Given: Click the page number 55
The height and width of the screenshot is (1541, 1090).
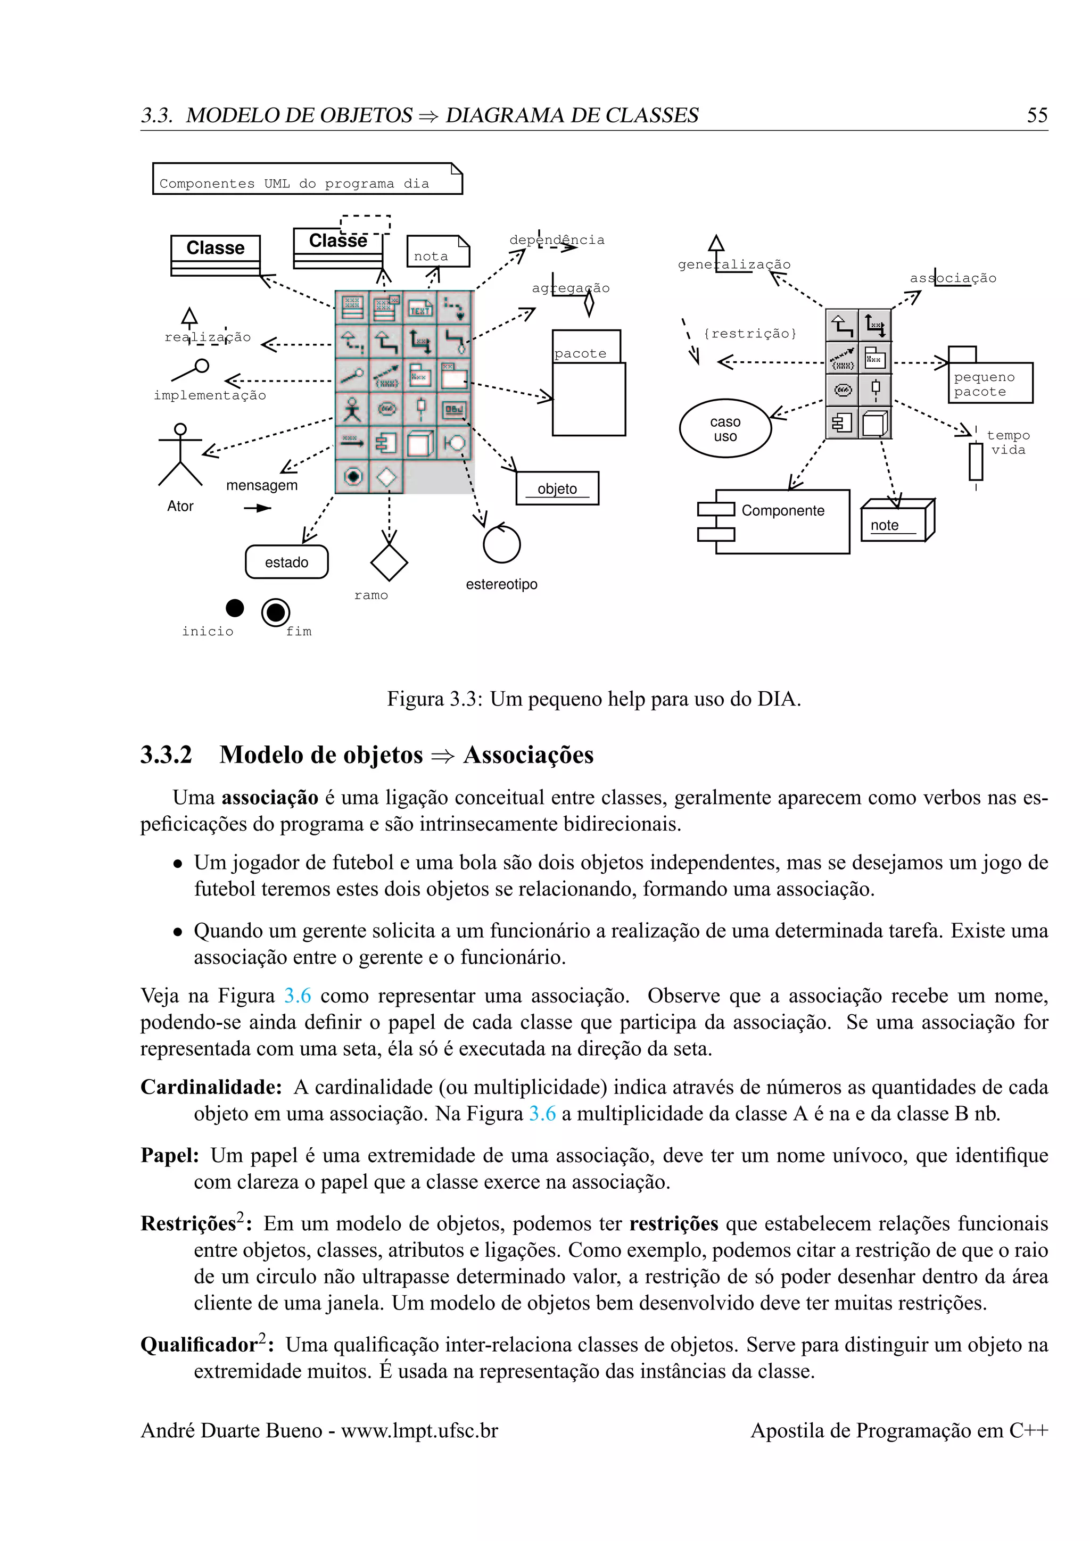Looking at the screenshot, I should coord(1036,115).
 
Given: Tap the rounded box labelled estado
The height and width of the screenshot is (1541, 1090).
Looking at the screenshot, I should coord(286,562).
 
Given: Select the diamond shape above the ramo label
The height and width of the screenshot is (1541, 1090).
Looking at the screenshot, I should coord(389,562).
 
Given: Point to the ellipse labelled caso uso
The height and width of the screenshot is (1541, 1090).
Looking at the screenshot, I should coord(725,428).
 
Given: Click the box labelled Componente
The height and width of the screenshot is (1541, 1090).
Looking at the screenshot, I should coord(782,521).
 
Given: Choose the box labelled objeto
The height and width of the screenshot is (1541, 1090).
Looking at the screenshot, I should coord(557,488).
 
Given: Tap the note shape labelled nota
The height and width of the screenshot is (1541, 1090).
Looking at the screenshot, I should coord(437,252).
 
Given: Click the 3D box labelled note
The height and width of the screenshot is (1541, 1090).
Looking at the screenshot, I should coord(896,521).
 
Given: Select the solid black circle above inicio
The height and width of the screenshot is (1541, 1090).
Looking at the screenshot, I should coord(235,607).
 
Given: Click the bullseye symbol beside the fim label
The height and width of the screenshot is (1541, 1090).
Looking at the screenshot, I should coord(275,612).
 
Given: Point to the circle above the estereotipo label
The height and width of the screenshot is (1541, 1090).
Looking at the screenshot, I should coord(501,544).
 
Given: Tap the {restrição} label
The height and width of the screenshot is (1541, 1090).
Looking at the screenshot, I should coord(750,334).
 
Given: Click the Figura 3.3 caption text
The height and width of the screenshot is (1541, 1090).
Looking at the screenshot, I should coord(593,699).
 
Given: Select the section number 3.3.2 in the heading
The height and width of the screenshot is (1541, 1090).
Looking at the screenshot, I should coord(166,755).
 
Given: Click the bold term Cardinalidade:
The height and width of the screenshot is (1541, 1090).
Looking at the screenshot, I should coord(211,1087).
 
